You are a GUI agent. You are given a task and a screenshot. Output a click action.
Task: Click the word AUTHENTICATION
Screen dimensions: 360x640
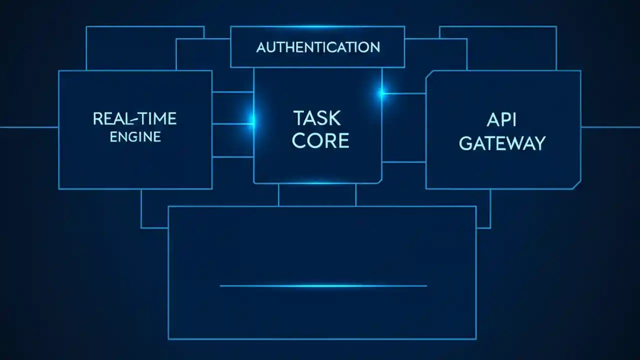(x=318, y=47)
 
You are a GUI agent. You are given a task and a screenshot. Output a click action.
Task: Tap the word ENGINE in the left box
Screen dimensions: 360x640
(x=135, y=137)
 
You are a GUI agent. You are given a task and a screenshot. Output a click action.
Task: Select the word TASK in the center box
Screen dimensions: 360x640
(x=316, y=118)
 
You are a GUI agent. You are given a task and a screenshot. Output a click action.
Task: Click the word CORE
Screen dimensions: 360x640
(x=320, y=141)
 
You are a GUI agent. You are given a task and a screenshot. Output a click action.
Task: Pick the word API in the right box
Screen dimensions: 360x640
(x=501, y=120)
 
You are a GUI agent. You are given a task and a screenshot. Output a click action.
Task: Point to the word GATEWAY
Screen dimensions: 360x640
(x=502, y=143)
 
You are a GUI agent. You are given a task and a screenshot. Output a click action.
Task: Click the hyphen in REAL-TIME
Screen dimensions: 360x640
(x=131, y=119)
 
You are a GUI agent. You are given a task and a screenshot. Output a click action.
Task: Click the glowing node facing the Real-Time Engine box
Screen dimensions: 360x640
(x=251, y=120)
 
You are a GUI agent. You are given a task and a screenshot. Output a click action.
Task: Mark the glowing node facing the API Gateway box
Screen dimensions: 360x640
(x=382, y=93)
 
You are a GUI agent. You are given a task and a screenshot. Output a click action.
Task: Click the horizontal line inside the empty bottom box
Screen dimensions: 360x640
(x=323, y=286)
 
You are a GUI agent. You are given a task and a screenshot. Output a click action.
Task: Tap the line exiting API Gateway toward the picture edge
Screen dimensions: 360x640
(x=610, y=127)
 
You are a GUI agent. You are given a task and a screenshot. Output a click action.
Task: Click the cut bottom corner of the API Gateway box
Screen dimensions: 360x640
(x=577, y=185)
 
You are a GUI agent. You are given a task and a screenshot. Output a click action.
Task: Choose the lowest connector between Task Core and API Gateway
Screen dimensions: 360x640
(x=404, y=162)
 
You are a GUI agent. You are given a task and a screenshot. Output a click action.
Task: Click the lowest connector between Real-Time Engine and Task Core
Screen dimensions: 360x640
(x=233, y=157)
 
